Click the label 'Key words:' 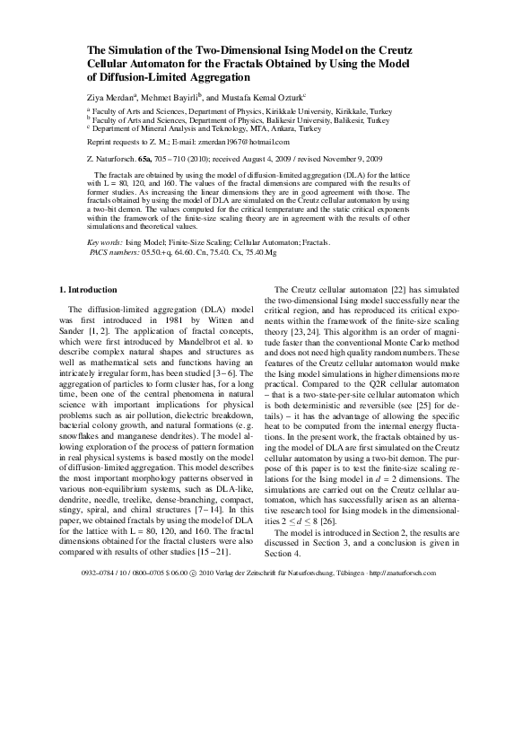click(106, 243)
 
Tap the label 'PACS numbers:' click(114, 252)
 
